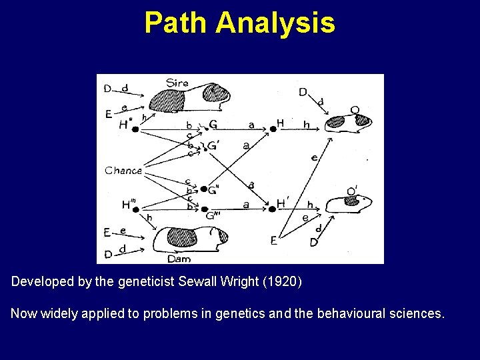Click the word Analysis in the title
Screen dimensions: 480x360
click(x=275, y=23)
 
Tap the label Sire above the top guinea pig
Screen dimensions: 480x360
click(x=177, y=83)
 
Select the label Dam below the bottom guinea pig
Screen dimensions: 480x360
click(x=179, y=259)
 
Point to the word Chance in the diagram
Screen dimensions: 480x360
click(x=123, y=171)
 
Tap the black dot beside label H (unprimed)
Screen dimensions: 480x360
click(x=273, y=129)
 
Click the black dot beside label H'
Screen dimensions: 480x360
click(x=272, y=209)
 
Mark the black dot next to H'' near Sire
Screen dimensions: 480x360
click(x=135, y=129)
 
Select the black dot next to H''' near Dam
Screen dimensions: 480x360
click(x=135, y=209)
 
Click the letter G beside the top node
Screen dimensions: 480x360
click(x=213, y=124)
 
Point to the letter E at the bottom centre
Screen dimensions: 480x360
click(x=273, y=241)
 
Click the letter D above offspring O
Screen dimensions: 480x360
click(x=303, y=92)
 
